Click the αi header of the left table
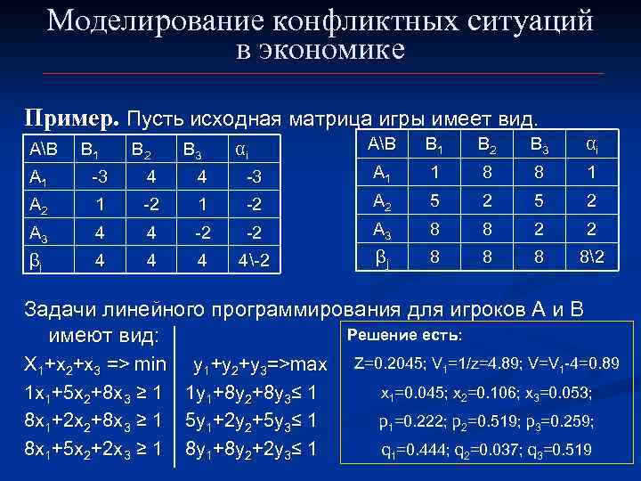(242, 148)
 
